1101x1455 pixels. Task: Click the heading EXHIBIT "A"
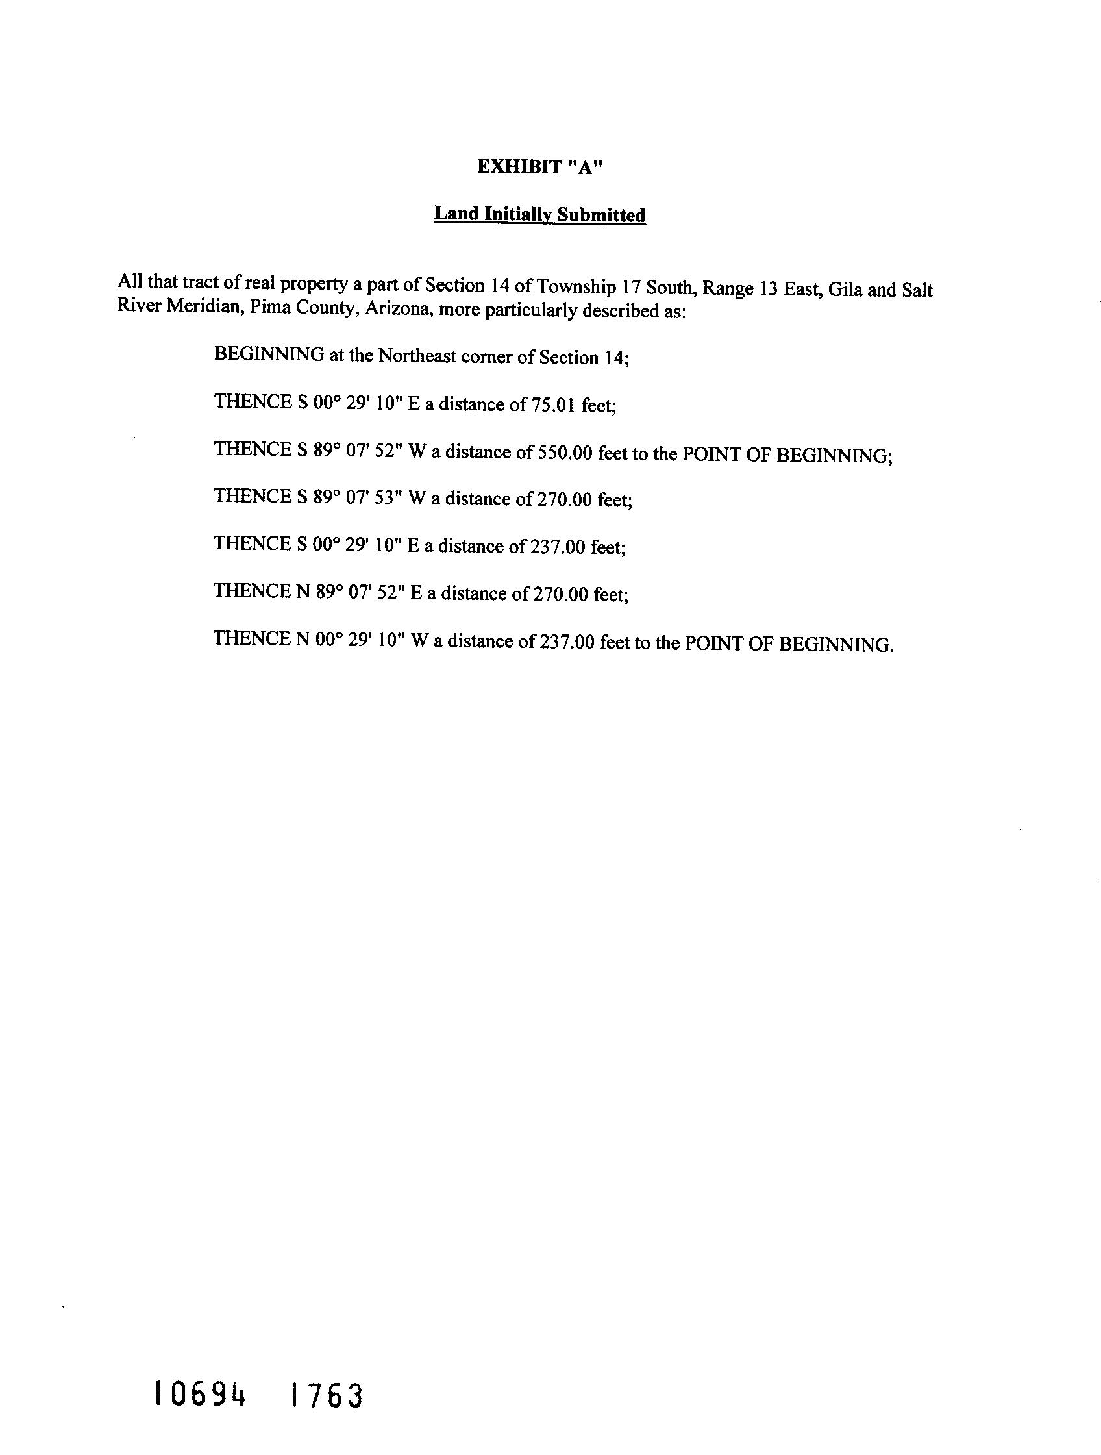(x=539, y=167)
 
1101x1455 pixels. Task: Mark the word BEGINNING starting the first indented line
(x=268, y=354)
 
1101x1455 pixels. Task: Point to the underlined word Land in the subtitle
(x=456, y=214)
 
